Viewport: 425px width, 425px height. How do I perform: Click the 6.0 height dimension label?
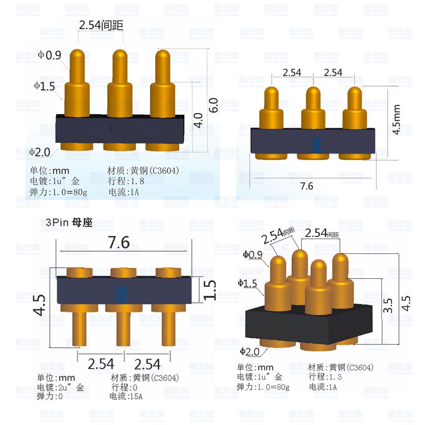(x=213, y=105)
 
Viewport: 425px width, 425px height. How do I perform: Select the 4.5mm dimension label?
(x=397, y=120)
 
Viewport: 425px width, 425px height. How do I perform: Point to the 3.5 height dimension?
(x=388, y=305)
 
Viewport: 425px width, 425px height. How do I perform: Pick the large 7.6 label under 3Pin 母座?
(x=119, y=243)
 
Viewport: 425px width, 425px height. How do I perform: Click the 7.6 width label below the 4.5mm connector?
(x=307, y=186)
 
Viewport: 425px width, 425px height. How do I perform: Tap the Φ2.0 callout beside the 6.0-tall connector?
(x=40, y=152)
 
